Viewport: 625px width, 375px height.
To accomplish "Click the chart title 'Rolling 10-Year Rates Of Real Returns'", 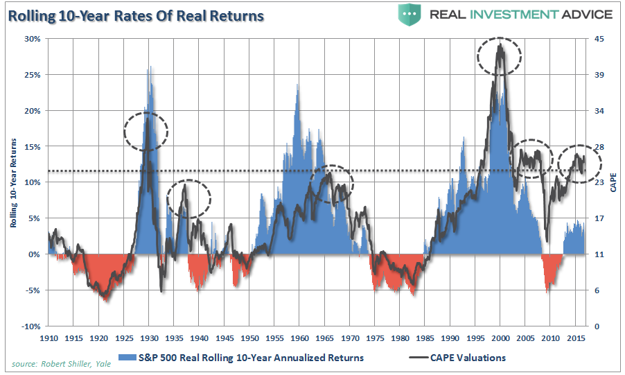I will click(137, 15).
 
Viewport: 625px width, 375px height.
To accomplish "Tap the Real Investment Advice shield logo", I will click(410, 15).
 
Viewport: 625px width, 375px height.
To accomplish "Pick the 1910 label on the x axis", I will click(49, 338).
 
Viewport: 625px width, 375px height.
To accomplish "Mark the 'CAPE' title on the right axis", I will click(613, 183).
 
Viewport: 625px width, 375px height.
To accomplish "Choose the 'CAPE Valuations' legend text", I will click(466, 358).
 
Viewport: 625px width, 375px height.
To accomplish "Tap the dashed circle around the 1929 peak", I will click(146, 130).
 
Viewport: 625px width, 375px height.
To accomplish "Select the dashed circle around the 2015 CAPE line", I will click(581, 164).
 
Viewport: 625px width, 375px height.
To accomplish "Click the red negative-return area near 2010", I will click(552, 270).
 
